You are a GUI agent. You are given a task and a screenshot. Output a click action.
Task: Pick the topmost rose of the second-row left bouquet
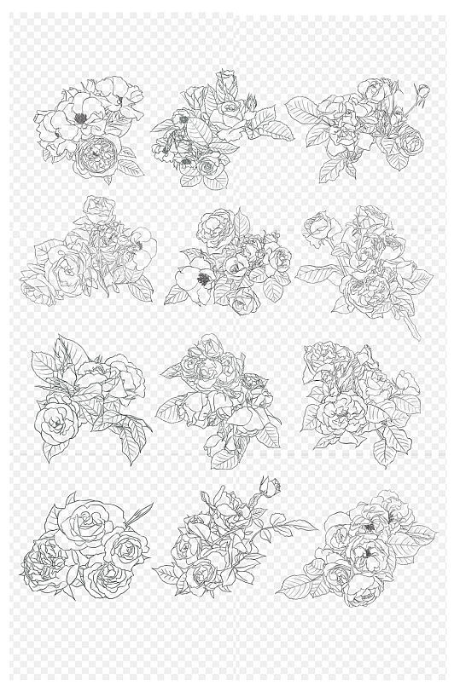[x=99, y=208]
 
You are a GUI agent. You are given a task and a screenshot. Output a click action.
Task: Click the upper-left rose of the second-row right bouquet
[x=318, y=225]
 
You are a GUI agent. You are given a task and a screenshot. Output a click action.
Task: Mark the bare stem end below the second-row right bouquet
[x=416, y=335]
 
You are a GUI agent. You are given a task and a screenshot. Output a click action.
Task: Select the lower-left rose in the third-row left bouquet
[x=55, y=421]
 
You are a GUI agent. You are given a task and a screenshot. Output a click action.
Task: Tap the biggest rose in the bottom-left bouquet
[x=78, y=525]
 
